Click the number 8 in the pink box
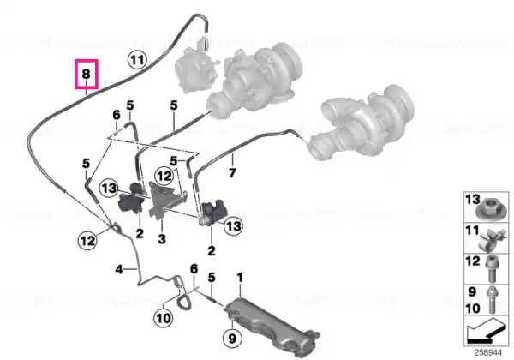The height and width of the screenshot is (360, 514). coord(86,74)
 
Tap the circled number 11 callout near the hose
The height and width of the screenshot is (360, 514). coord(137,60)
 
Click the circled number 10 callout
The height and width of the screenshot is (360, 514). coord(164,318)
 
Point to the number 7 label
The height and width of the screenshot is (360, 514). coord(232,173)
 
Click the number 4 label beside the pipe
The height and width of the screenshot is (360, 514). coord(119,269)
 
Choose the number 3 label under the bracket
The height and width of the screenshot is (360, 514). coord(162,238)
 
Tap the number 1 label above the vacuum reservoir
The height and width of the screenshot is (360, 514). coord(240,278)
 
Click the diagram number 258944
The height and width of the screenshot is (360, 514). coord(488,353)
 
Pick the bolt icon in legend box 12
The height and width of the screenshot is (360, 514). coord(493,269)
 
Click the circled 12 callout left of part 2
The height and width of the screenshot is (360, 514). coord(87,241)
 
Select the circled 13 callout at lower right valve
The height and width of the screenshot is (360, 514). coord(233,226)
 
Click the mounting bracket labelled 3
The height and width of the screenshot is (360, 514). coord(163,198)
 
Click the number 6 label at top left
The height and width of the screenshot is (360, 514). coord(117,115)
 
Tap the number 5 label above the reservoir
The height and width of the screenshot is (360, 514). coord(212,278)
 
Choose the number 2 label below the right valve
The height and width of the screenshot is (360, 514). coord(212,251)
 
